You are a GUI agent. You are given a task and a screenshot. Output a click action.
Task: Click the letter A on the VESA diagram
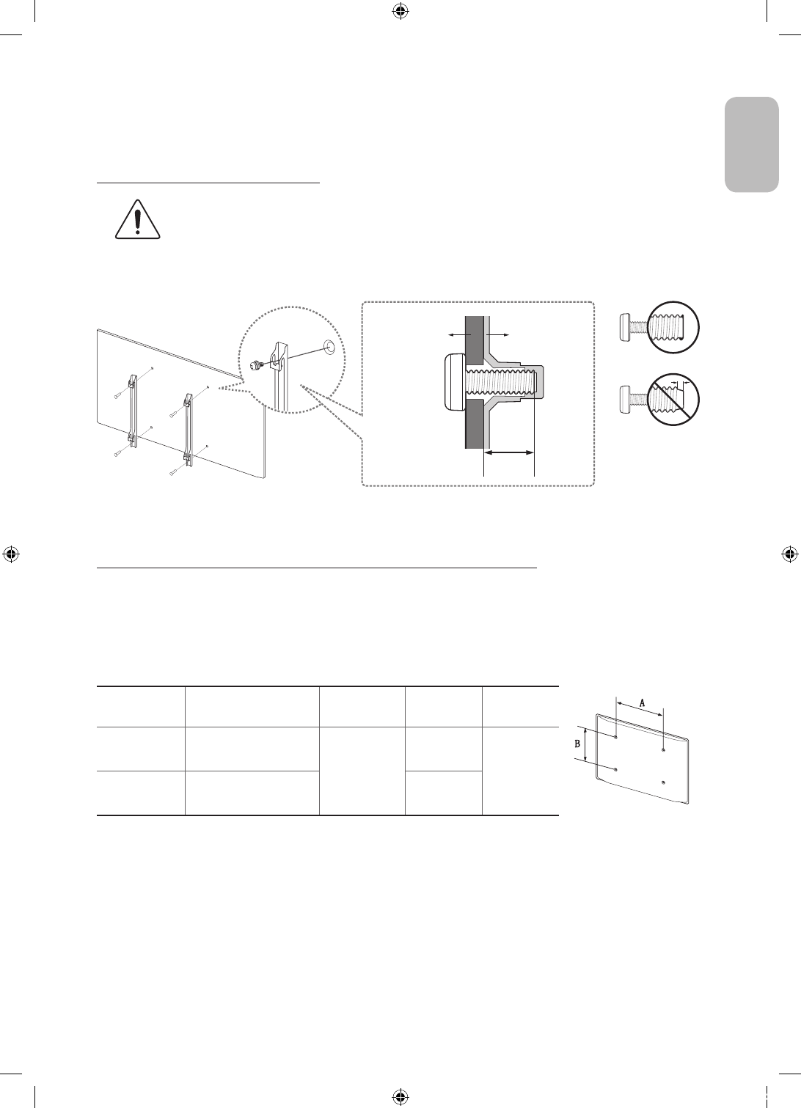pyautogui.click(x=643, y=702)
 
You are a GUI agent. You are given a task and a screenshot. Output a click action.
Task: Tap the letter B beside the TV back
pyautogui.click(x=577, y=743)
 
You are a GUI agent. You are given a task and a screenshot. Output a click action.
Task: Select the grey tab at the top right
pyautogui.click(x=752, y=144)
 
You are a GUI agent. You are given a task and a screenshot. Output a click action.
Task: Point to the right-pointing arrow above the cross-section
pyautogui.click(x=498, y=334)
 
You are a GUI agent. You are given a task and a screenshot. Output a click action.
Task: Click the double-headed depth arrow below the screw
pyautogui.click(x=509, y=455)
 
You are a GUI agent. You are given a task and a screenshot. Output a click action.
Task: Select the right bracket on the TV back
pyautogui.click(x=189, y=428)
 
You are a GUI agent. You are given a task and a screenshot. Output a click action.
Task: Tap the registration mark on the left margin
pyautogui.click(x=10, y=554)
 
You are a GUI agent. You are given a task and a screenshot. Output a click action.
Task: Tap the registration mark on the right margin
pyautogui.click(x=790, y=554)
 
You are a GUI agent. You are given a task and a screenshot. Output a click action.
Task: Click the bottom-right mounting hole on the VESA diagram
pyautogui.click(x=662, y=782)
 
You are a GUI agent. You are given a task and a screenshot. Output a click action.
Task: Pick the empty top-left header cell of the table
pyautogui.click(x=141, y=706)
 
